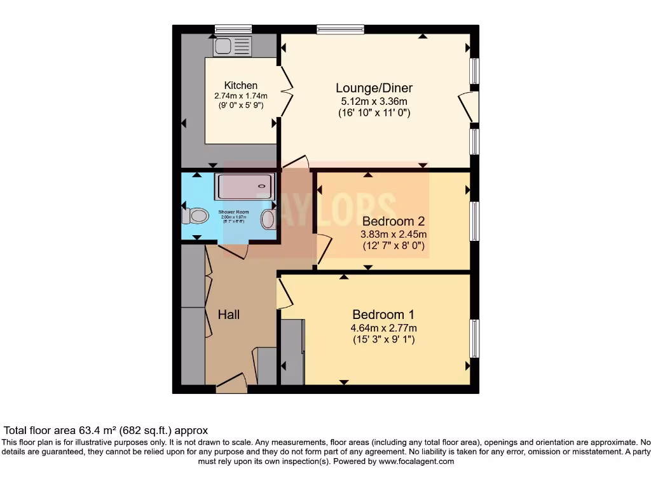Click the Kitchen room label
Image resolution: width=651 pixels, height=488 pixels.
pos(241,86)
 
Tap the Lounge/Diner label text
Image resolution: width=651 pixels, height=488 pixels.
pos(378,88)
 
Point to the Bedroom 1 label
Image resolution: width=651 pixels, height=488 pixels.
pos(383,315)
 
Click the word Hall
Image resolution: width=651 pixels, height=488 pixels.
pos(229,315)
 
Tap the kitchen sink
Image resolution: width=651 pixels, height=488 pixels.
pos(233,46)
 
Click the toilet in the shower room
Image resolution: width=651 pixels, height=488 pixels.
pos(195,216)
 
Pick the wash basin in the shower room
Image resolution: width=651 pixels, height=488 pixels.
pos(269,219)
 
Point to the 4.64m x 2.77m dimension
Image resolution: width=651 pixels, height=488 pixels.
pos(383,328)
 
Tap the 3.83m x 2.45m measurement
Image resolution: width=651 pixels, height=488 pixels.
pos(393,234)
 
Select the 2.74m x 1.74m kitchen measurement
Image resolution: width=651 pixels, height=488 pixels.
pos(241,96)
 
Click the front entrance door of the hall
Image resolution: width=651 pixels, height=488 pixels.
pos(231,384)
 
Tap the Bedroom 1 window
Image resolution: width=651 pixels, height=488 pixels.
pos(474,338)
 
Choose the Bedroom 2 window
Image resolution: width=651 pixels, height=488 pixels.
pos(474,221)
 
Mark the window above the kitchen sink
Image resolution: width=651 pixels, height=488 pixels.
pos(233,29)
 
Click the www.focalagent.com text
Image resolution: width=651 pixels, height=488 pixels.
pos(416,461)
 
